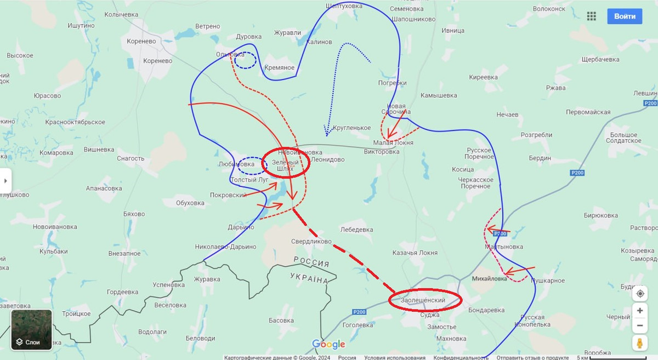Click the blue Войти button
pyautogui.click(x=625, y=16)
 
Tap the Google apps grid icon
pyautogui.click(x=591, y=16)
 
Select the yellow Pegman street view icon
pyautogui.click(x=639, y=343)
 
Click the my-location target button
pyautogui.click(x=639, y=294)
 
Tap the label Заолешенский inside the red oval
pyautogui.click(x=423, y=300)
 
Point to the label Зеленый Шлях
pyautogui.click(x=285, y=165)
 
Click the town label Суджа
pyautogui.click(x=429, y=315)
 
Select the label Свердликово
pyautogui.click(x=311, y=241)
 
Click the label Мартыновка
pyautogui.click(x=504, y=247)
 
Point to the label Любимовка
pyautogui.click(x=236, y=163)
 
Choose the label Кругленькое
pyautogui.click(x=351, y=128)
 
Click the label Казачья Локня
pyautogui.click(x=415, y=253)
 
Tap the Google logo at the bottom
pyautogui.click(x=329, y=344)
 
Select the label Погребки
pyautogui.click(x=393, y=83)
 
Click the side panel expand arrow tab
pyautogui.click(x=6, y=180)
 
